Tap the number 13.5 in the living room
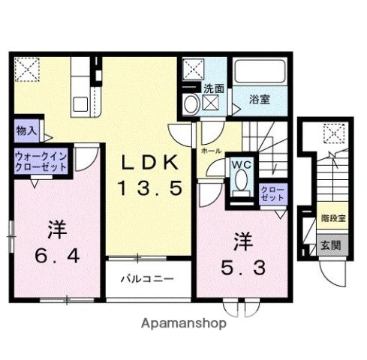tap(150, 189)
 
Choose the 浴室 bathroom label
tap(260, 98)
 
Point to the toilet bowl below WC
tap(241, 182)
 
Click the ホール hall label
tap(211, 151)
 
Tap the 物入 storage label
tap(26, 130)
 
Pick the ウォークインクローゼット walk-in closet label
tap(40, 161)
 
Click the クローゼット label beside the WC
tap(272, 195)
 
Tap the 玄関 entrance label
tap(331, 244)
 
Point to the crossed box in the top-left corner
tap(27, 70)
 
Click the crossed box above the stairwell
tap(332, 134)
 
